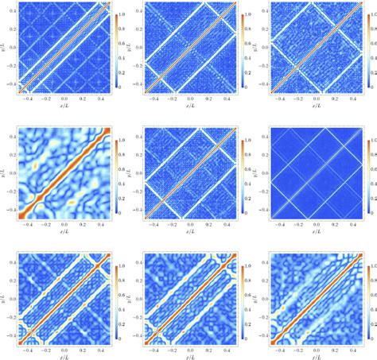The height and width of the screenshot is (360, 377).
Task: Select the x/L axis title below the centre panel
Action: [x=189, y=234]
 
